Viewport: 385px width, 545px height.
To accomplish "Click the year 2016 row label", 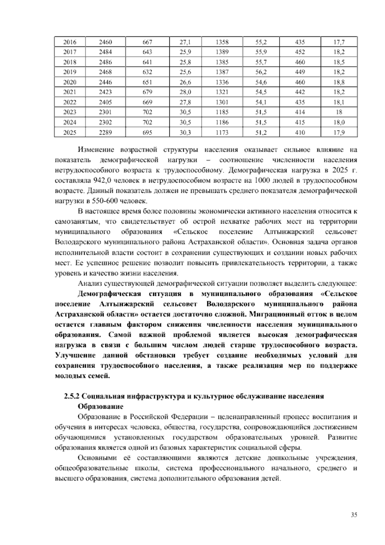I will pos(70,42).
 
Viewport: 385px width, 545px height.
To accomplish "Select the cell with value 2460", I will pos(105,42).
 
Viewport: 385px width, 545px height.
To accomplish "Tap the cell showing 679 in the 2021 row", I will pos(147,92).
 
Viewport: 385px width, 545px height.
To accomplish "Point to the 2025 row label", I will pos(70,132).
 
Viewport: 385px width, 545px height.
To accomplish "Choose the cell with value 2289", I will pos(105,132).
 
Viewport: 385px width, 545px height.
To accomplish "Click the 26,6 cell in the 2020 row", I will pos(185,82).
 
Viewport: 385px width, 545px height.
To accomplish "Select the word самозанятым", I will pos(74,222).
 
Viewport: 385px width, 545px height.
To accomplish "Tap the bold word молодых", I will pos(69,376).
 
